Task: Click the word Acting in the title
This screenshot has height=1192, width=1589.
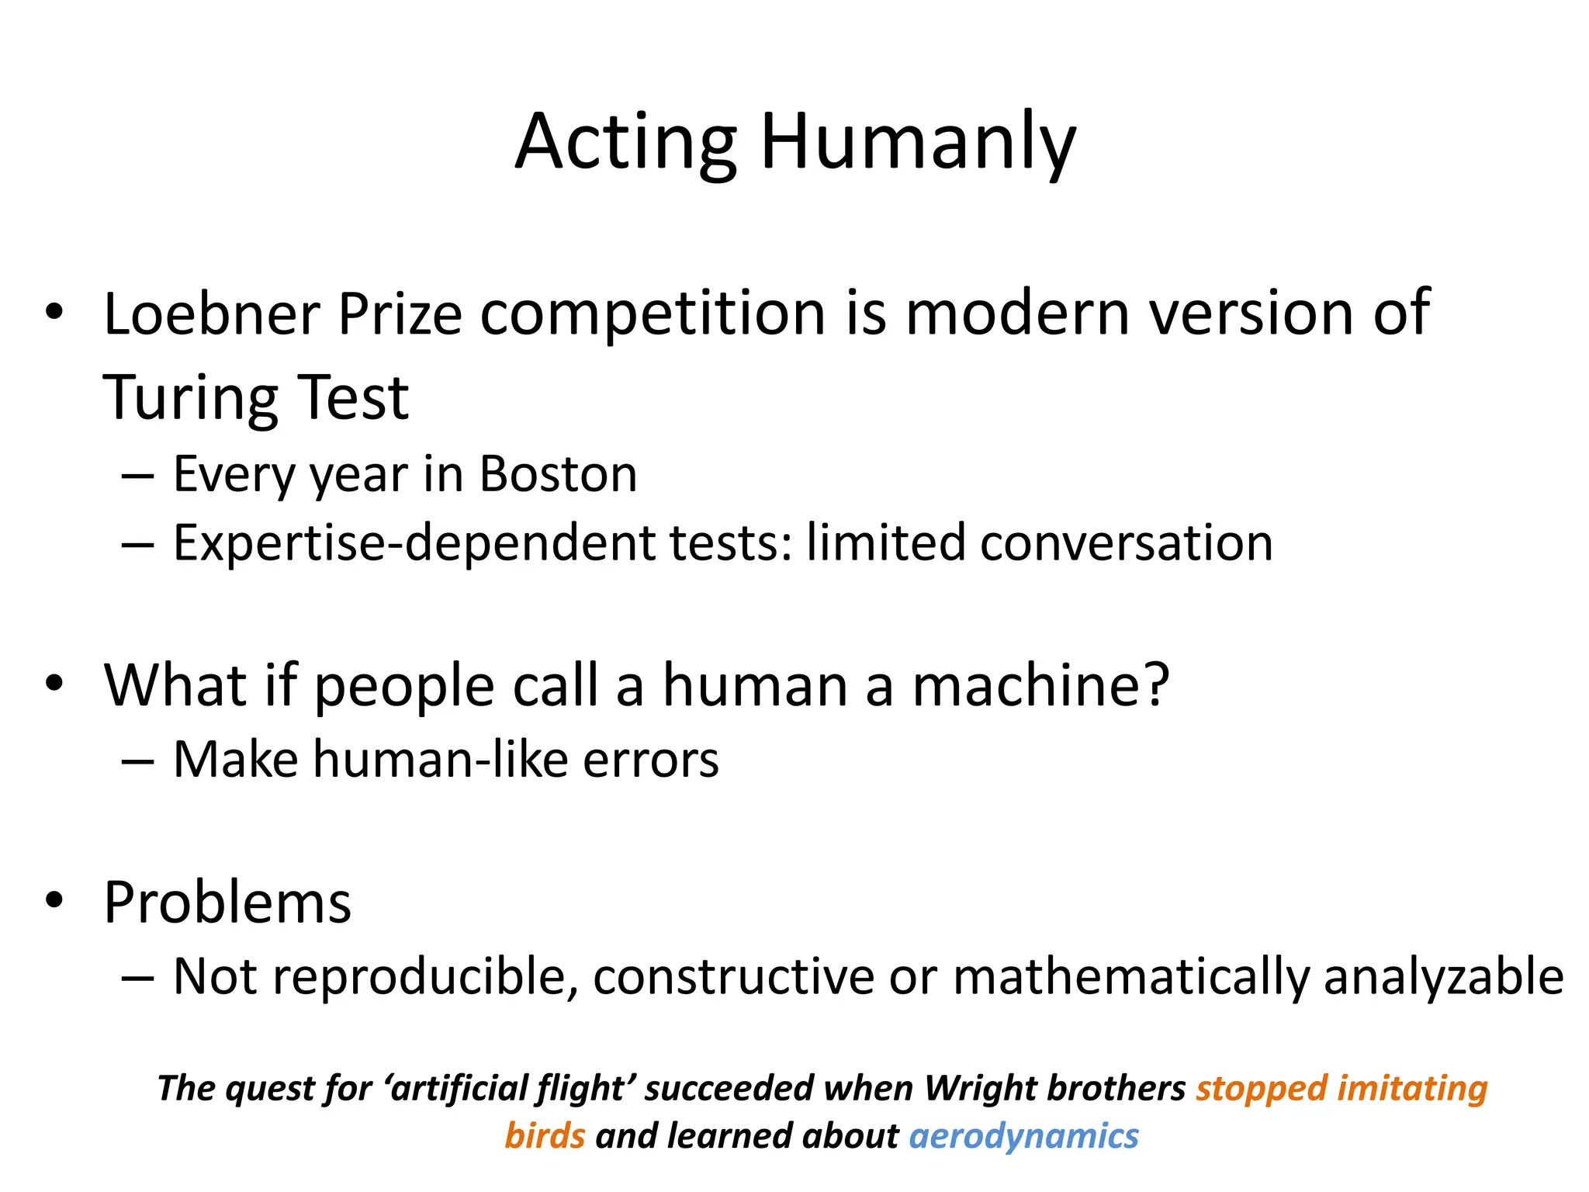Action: (625, 144)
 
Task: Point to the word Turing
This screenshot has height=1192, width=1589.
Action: (191, 399)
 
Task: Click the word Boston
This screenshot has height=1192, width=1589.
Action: (558, 474)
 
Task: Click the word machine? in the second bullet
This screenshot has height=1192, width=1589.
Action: (1040, 686)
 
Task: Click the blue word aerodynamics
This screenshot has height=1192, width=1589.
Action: (1023, 1136)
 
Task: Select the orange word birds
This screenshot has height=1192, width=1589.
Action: (545, 1136)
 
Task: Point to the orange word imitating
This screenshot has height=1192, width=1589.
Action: (1413, 1088)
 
